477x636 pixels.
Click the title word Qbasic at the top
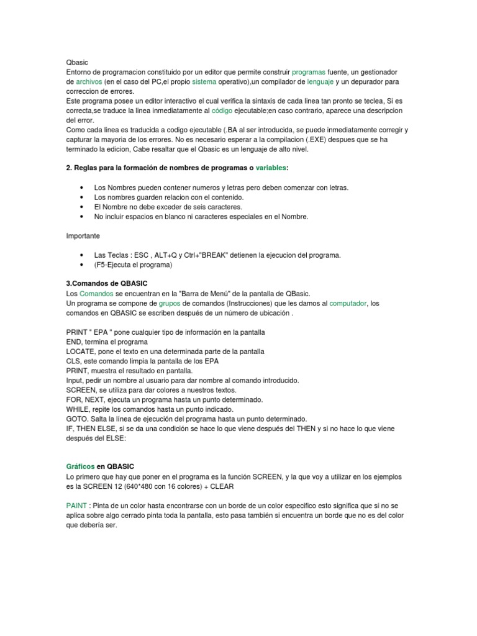[77, 63]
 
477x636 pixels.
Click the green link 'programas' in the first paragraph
[309, 72]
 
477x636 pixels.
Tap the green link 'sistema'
[204, 81]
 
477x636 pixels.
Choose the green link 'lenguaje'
[320, 81]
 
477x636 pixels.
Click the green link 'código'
[224, 110]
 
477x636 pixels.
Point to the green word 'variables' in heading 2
[272, 168]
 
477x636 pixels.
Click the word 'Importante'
[83, 235]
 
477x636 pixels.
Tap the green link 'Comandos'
[96, 293]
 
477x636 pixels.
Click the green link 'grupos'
[169, 303]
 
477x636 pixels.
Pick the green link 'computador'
[348, 303]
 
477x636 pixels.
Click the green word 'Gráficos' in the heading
[81, 466]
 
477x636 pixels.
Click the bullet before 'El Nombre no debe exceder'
[83, 207]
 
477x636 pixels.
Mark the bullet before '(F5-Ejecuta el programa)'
[83, 265]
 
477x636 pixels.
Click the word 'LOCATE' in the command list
[81, 351]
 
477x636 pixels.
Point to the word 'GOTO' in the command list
[77, 419]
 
